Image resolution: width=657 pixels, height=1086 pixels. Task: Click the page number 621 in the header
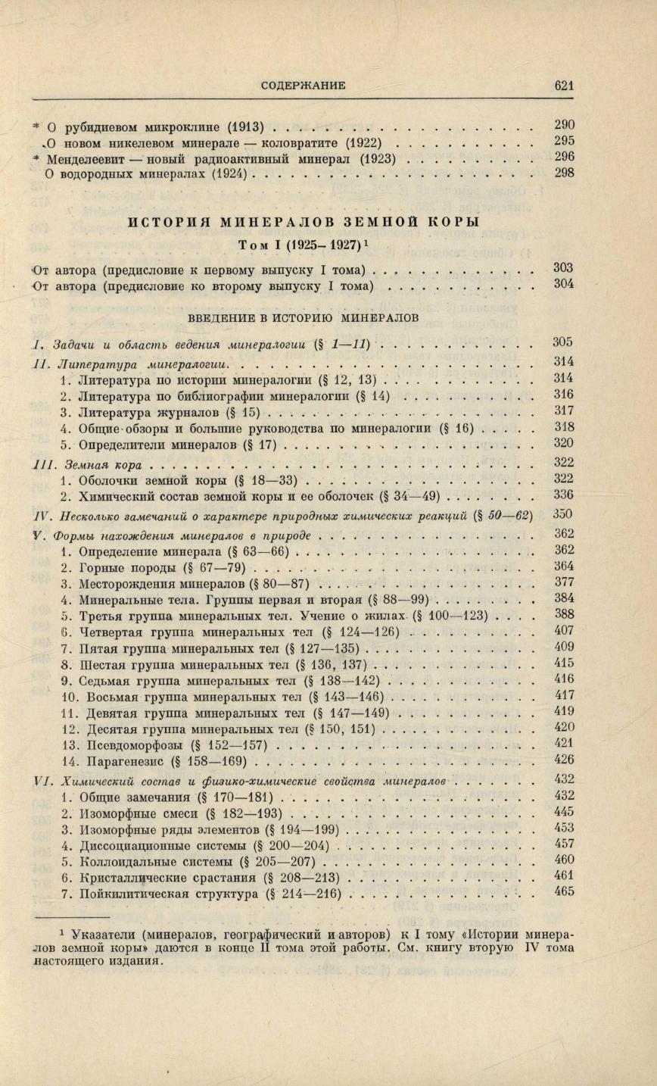coord(564,86)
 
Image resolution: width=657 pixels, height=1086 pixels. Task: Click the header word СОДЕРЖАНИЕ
coord(303,86)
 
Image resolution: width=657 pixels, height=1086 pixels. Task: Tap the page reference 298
coord(564,173)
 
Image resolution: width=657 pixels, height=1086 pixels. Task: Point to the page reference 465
coord(564,891)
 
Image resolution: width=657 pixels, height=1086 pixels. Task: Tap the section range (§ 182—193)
coord(238,814)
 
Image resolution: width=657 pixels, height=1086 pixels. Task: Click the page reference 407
coord(564,630)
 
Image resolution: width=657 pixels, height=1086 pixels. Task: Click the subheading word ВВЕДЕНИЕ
coord(214,317)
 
